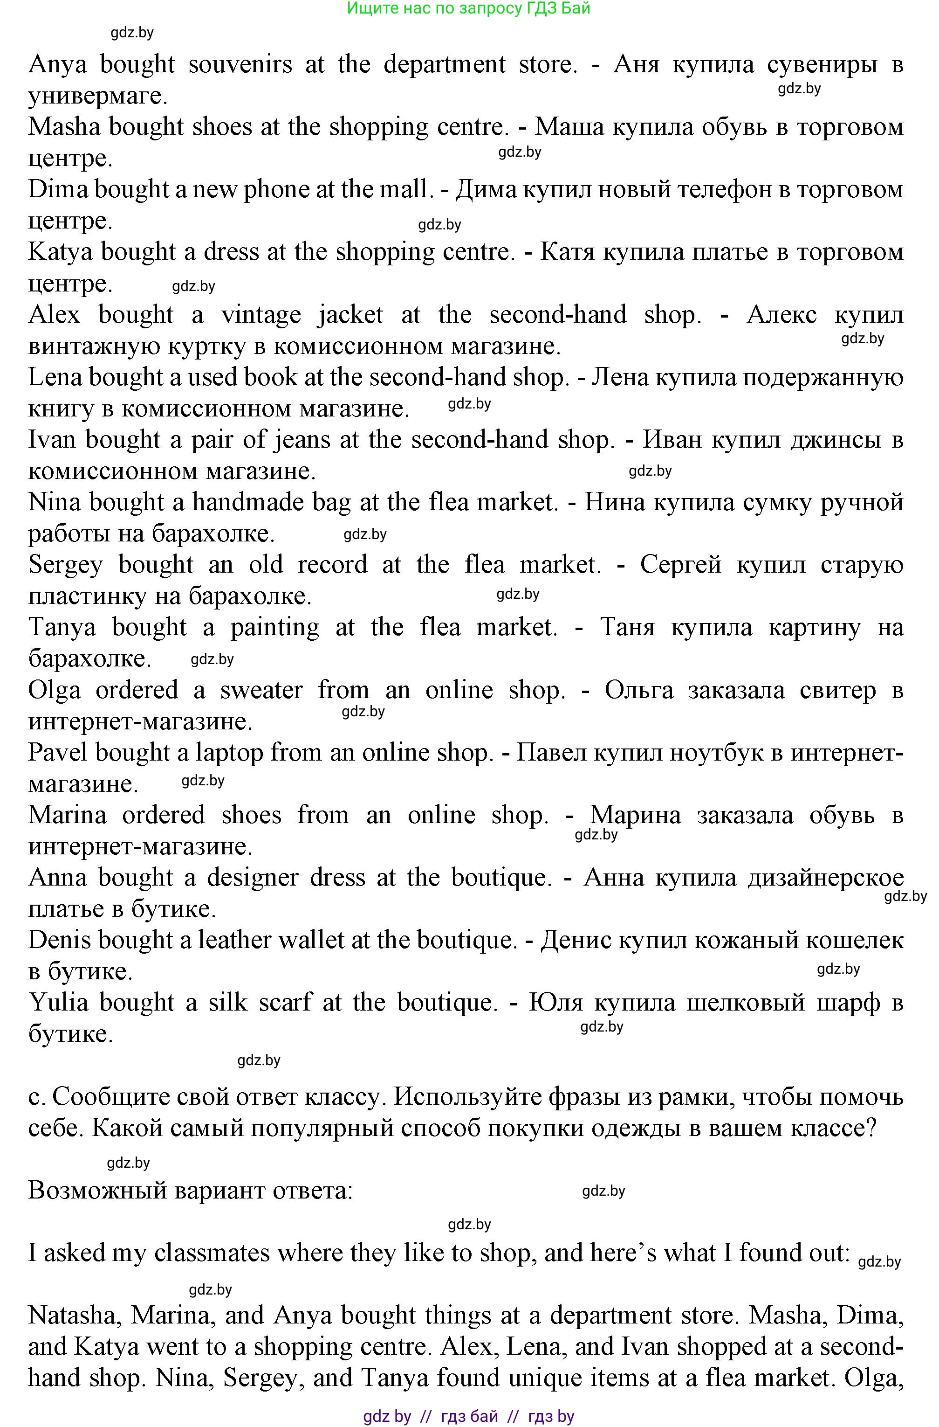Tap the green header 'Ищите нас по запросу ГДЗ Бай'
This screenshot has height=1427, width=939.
(469, 8)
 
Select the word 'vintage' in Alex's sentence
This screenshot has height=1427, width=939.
(260, 315)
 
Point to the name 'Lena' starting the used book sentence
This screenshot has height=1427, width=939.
(55, 377)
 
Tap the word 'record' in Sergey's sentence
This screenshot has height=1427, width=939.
(332, 565)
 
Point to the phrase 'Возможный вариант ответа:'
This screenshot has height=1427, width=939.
(191, 1190)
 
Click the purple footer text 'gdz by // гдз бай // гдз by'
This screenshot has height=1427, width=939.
(469, 1417)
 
